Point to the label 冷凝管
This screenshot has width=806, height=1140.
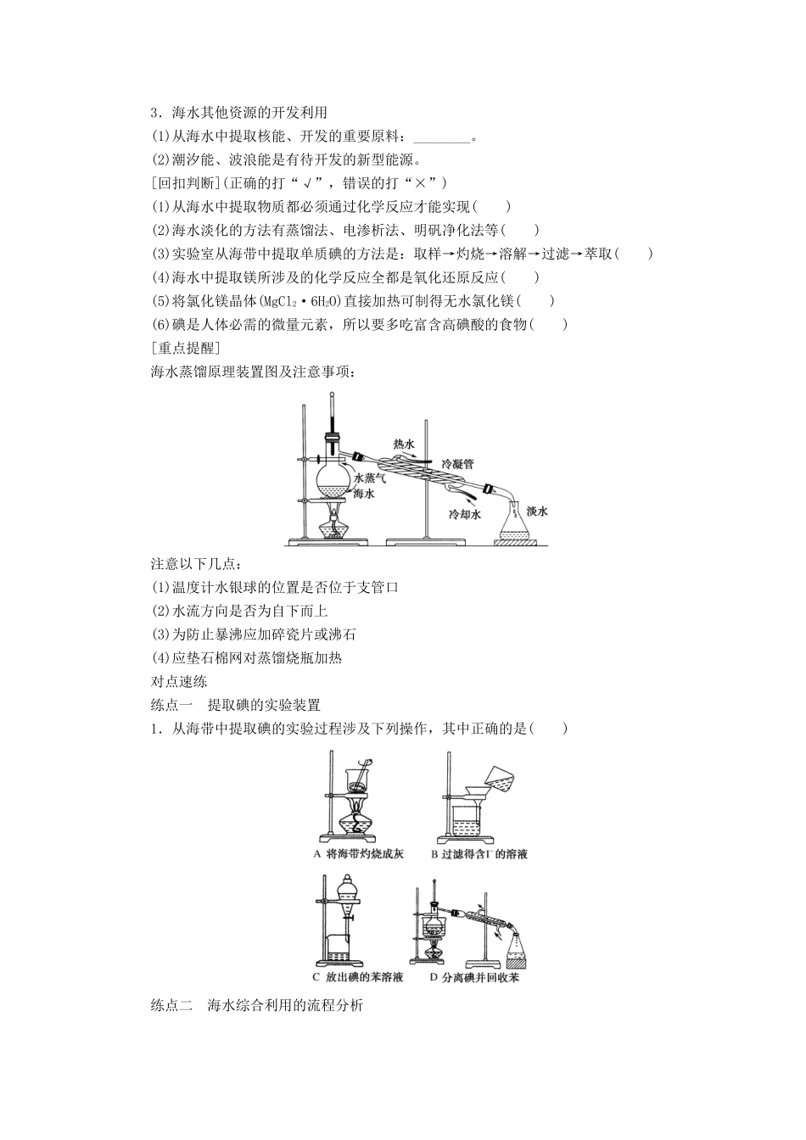tap(457, 464)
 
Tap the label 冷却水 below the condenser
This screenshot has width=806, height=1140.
tap(465, 514)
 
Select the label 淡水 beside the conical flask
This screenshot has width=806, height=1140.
tap(537, 511)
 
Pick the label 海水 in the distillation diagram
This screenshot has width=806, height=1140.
tap(364, 494)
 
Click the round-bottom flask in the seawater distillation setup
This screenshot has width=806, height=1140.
tap(332, 479)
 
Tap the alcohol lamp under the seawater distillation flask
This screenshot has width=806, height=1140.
tap(333, 526)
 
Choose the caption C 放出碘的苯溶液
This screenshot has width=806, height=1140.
tap(358, 977)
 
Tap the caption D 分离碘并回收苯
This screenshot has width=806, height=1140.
tap(474, 977)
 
